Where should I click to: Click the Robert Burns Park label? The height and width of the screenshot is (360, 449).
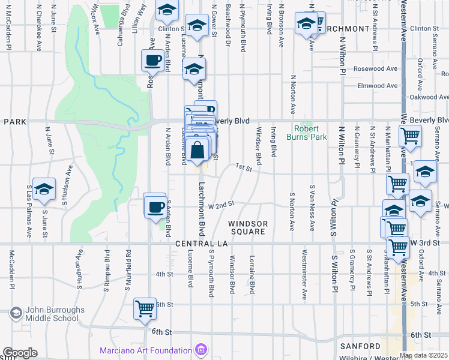[x=310, y=133]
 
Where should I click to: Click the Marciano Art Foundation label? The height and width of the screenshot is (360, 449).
[x=146, y=350]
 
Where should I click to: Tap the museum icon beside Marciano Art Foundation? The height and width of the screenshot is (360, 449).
[x=201, y=349]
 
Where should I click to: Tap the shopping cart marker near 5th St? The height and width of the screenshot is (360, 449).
[x=145, y=308]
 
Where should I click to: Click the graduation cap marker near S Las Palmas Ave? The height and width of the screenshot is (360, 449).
[x=44, y=189]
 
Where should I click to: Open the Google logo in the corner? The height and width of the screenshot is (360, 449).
[x=20, y=353]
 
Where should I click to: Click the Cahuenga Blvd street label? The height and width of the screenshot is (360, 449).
[x=125, y=17]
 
